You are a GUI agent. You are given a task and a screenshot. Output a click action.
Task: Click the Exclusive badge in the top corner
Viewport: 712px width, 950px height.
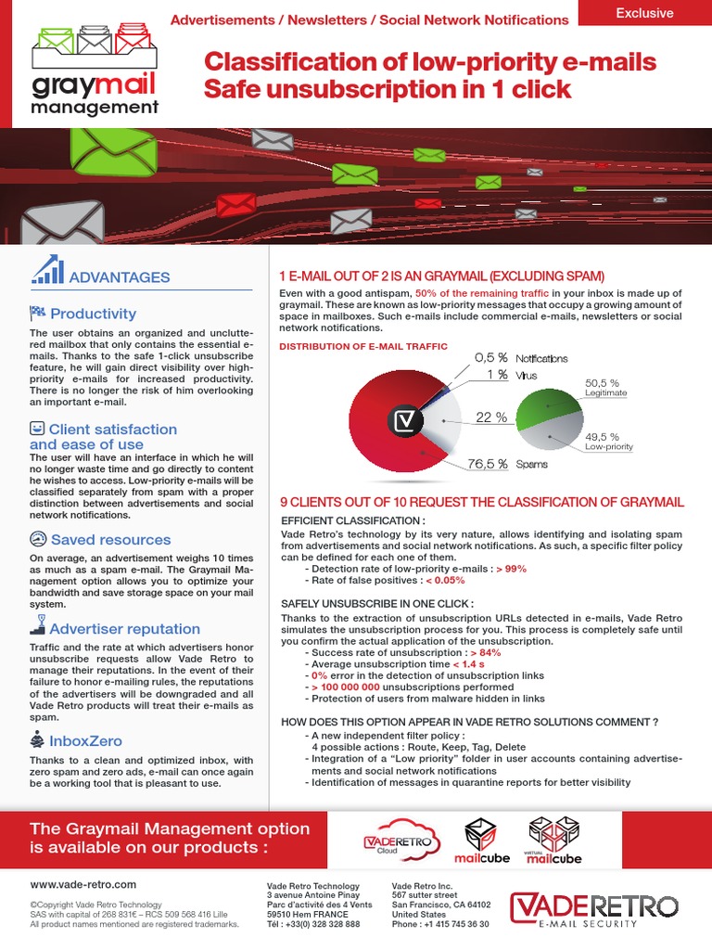point(644,13)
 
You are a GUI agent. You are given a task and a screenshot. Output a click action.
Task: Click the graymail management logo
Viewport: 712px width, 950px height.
point(94,71)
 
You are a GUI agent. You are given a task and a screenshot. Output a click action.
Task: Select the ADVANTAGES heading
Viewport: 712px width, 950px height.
point(120,276)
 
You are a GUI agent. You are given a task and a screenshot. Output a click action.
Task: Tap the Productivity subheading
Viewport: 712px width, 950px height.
point(93,314)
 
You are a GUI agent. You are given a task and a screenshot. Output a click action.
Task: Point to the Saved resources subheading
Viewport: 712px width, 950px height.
point(110,539)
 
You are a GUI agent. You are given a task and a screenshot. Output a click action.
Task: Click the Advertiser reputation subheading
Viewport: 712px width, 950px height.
point(124,628)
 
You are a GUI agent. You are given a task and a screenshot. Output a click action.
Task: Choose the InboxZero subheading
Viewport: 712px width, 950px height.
point(85,740)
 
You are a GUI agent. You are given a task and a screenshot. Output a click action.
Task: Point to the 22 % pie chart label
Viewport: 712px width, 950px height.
point(490,417)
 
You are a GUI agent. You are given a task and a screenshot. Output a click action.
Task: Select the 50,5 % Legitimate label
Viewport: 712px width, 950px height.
point(604,387)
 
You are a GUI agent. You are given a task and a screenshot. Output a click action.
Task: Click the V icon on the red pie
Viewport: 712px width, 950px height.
point(404,421)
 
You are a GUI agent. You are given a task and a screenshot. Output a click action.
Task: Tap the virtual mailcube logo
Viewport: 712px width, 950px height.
point(554,841)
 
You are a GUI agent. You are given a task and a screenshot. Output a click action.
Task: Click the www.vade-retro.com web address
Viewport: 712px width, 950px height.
point(83,884)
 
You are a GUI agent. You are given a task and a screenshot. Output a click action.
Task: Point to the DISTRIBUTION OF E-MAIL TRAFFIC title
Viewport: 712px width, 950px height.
point(363,346)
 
